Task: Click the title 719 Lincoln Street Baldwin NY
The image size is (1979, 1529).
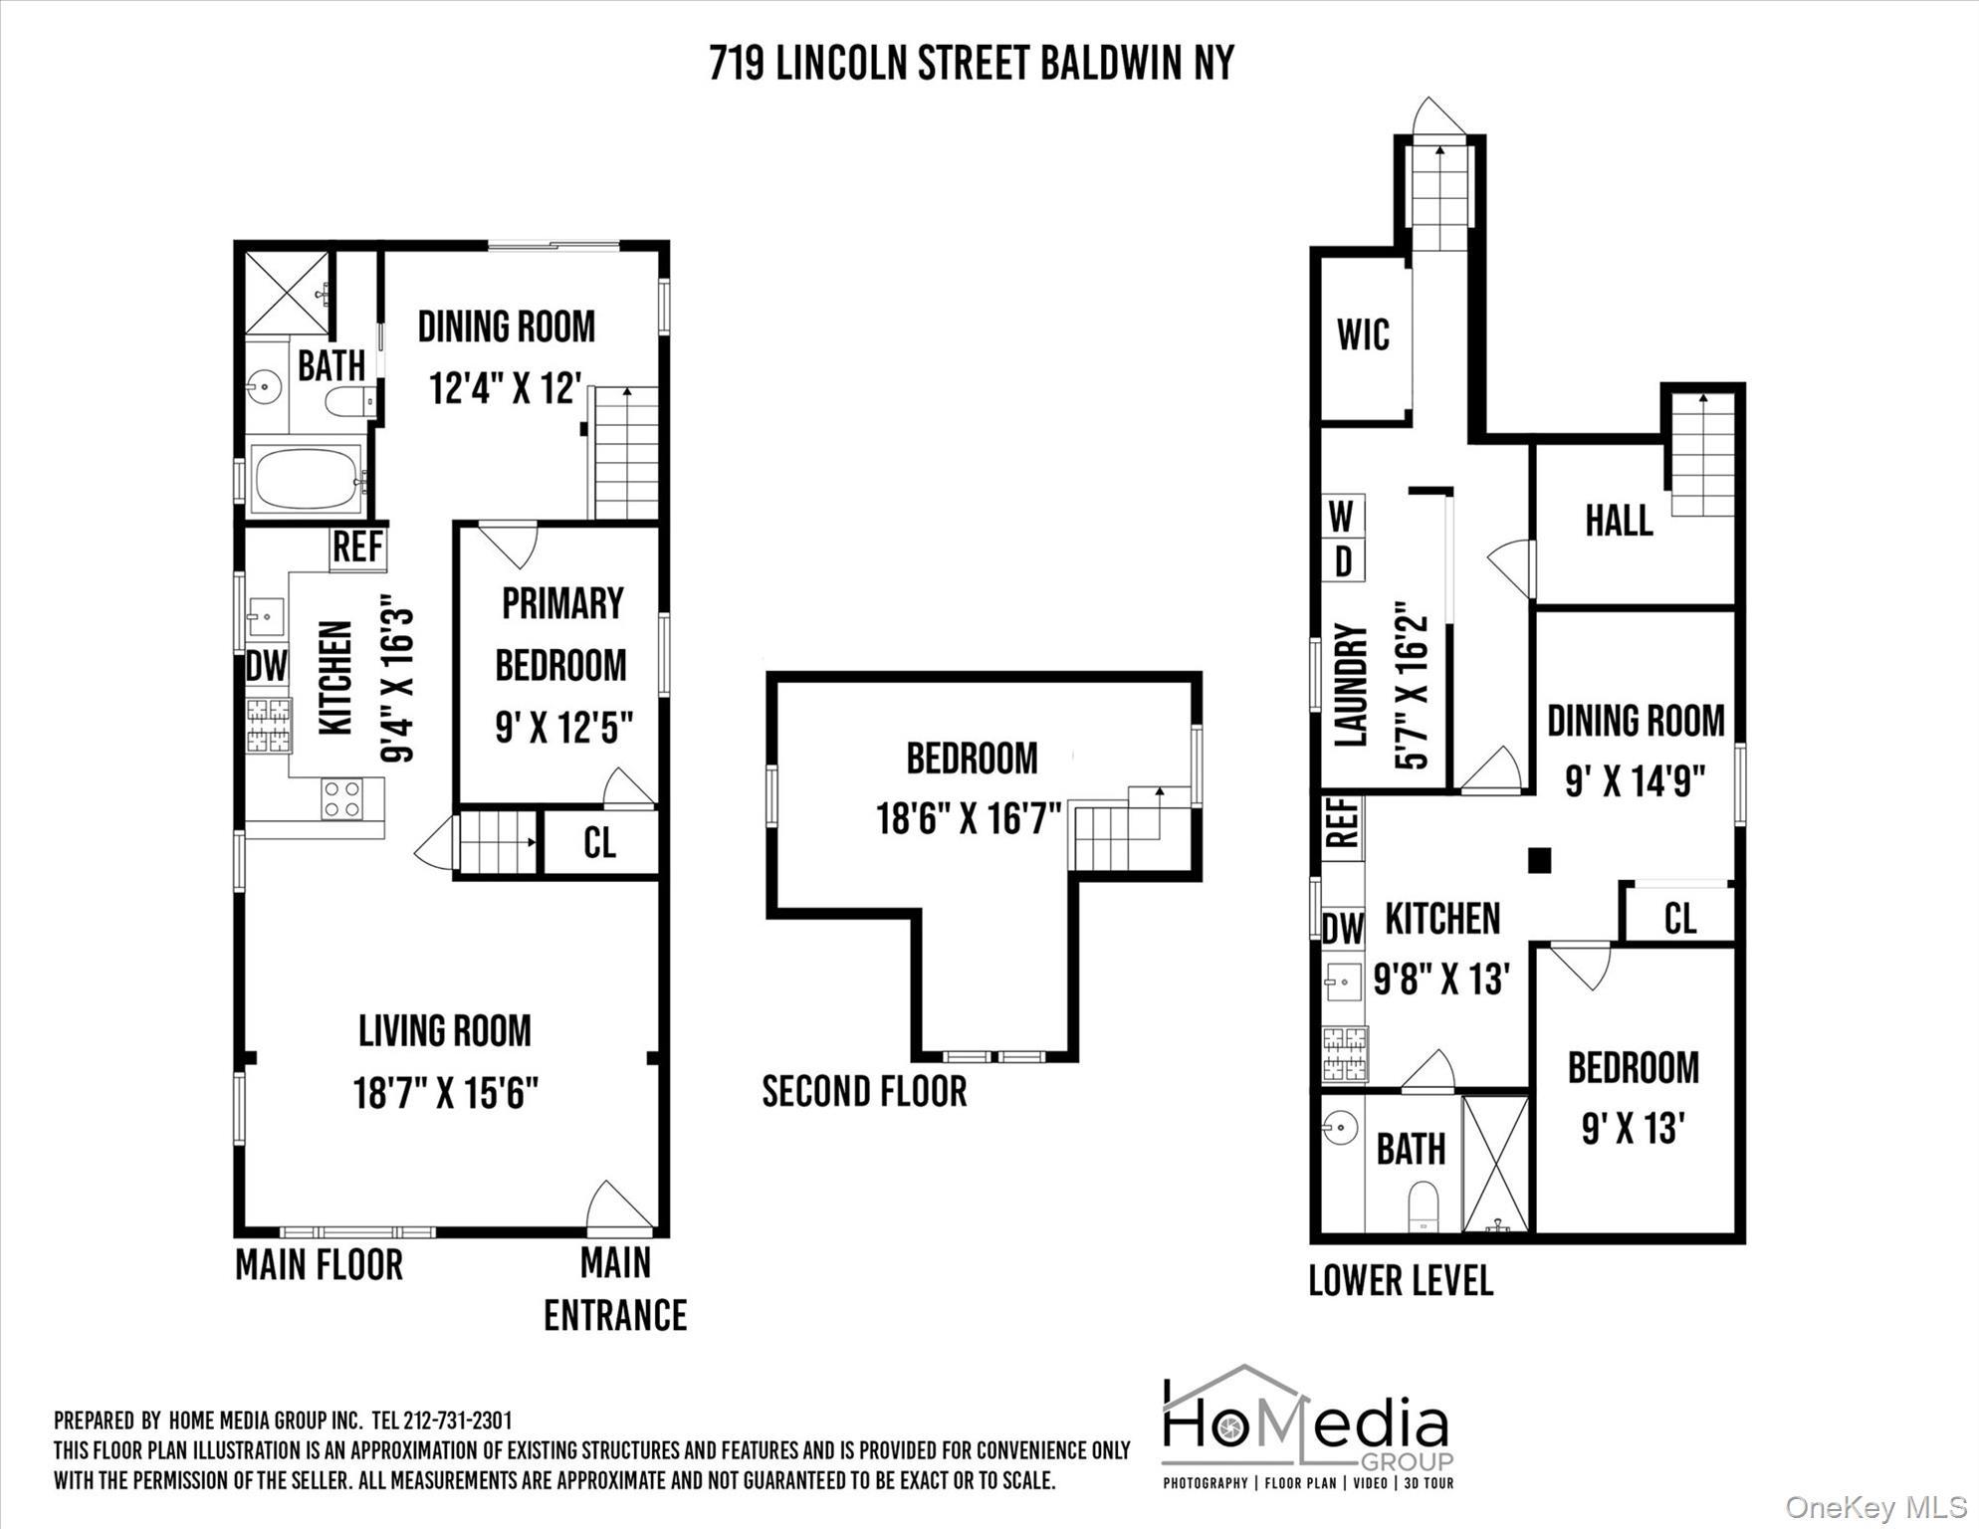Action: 971,64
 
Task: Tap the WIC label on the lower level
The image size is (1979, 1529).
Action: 1363,335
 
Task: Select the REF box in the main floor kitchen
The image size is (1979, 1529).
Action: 357,547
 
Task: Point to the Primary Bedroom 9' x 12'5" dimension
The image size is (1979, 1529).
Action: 563,728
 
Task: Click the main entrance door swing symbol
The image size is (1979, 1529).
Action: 617,1205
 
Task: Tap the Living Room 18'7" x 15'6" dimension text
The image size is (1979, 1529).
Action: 445,1094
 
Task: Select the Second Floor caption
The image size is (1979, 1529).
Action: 864,1092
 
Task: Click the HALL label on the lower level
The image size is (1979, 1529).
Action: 1619,521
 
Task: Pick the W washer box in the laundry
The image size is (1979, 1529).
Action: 1342,517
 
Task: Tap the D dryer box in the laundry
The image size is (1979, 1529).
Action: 1342,562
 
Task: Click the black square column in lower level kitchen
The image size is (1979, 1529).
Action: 1539,860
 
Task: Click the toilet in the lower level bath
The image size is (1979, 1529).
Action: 1424,1207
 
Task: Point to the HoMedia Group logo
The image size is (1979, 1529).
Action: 1307,1427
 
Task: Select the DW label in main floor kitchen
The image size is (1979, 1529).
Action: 266,666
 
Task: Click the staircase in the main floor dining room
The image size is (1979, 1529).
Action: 626,453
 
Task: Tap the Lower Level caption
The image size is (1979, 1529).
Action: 1400,1281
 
